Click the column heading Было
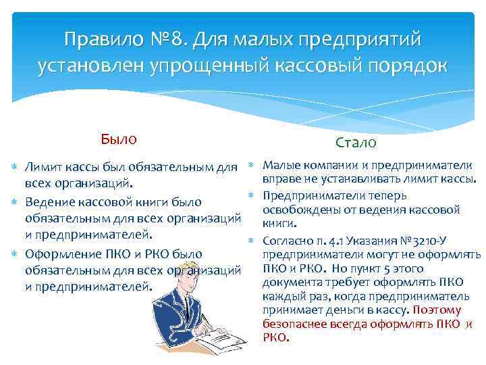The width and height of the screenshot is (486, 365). (x=118, y=139)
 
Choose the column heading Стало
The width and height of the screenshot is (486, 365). (x=356, y=143)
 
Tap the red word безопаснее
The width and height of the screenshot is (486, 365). (x=295, y=324)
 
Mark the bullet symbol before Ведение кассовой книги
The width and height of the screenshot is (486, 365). (x=16, y=201)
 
